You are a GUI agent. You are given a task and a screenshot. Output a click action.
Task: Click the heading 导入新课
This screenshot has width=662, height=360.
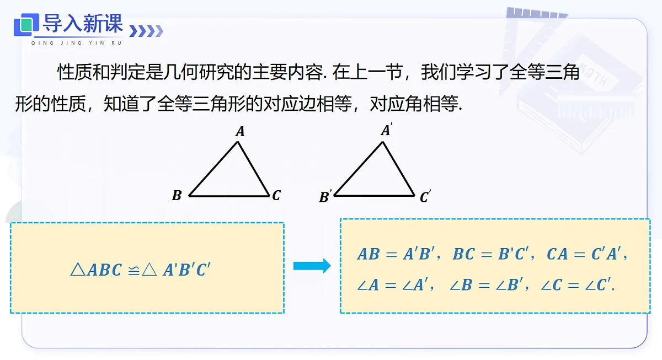coord(82,23)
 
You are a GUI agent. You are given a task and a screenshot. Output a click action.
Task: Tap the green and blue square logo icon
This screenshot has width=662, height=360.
coord(26,25)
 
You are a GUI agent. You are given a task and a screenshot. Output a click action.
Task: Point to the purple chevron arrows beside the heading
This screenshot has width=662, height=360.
coord(146,31)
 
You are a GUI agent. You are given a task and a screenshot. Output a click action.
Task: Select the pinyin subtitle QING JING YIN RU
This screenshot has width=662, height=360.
coord(77,43)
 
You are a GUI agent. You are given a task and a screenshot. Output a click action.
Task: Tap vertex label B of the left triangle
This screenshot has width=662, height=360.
coord(177,195)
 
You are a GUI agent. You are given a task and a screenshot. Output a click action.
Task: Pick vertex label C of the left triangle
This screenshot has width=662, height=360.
coord(276,195)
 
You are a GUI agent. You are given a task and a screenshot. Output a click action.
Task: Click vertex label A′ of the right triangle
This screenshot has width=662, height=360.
coord(387,130)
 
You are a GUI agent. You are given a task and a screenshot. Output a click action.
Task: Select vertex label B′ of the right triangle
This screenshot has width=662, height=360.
coord(325,196)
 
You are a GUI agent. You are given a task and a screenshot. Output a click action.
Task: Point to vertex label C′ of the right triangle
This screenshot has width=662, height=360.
coord(425,196)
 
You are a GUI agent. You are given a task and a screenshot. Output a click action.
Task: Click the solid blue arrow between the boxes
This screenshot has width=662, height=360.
coord(312,266)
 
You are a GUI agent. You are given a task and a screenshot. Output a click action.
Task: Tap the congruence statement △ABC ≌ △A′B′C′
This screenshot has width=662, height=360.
coord(140,270)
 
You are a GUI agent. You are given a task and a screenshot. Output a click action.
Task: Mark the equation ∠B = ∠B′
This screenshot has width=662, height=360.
coord(486,285)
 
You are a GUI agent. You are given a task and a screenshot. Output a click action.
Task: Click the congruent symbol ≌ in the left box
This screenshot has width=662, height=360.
coord(134,270)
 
